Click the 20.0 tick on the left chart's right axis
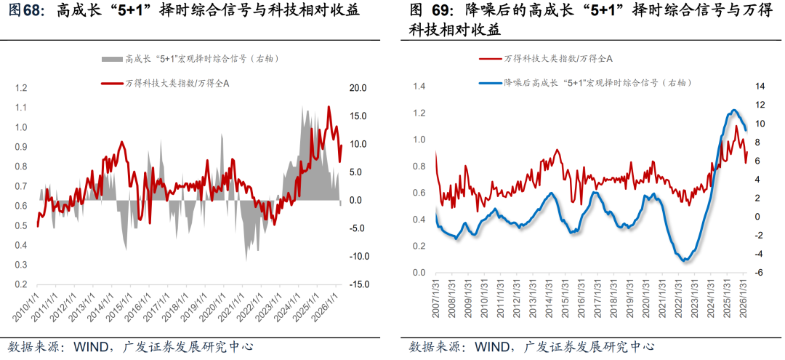[358, 88]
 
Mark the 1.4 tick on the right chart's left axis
[419, 87]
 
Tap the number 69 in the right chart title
[443, 11]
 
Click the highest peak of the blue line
[734, 111]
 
